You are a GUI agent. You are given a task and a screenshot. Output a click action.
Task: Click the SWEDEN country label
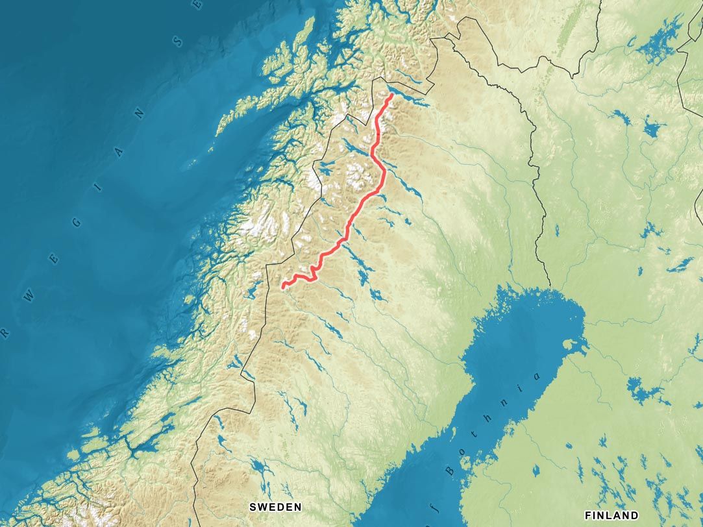[276, 506]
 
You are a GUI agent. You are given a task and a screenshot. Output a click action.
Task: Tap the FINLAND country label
[611, 515]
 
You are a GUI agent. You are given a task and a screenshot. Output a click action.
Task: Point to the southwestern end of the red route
[284, 286]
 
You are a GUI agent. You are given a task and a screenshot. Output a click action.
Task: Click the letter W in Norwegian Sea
[29, 296]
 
